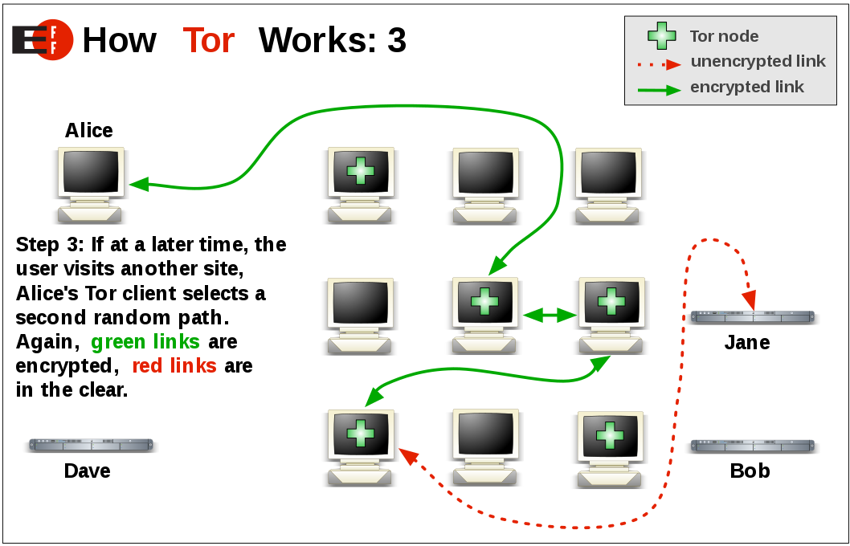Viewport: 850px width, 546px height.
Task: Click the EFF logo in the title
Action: click(43, 39)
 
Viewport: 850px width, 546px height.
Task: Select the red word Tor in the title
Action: click(208, 40)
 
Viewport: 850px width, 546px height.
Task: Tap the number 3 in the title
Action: click(396, 40)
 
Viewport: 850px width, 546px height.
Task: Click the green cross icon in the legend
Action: click(662, 35)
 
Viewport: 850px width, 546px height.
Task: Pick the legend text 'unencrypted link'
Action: click(758, 62)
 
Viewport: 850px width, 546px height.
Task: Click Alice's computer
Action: click(91, 184)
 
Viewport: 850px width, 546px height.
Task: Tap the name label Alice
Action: click(88, 130)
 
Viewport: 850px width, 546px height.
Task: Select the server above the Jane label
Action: click(753, 317)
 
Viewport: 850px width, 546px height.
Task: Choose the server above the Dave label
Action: click(91, 445)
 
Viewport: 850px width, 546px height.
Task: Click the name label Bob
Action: click(750, 471)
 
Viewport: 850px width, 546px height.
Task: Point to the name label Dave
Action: click(87, 471)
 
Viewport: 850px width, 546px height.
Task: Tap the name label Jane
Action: click(747, 343)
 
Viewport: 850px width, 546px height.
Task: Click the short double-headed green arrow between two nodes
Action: click(550, 316)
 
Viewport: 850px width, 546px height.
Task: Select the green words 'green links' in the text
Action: click(145, 342)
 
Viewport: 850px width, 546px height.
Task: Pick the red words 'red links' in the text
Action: click(174, 366)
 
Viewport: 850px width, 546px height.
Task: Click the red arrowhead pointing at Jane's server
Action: click(749, 301)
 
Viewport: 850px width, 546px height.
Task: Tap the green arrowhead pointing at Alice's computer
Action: click(139, 184)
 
